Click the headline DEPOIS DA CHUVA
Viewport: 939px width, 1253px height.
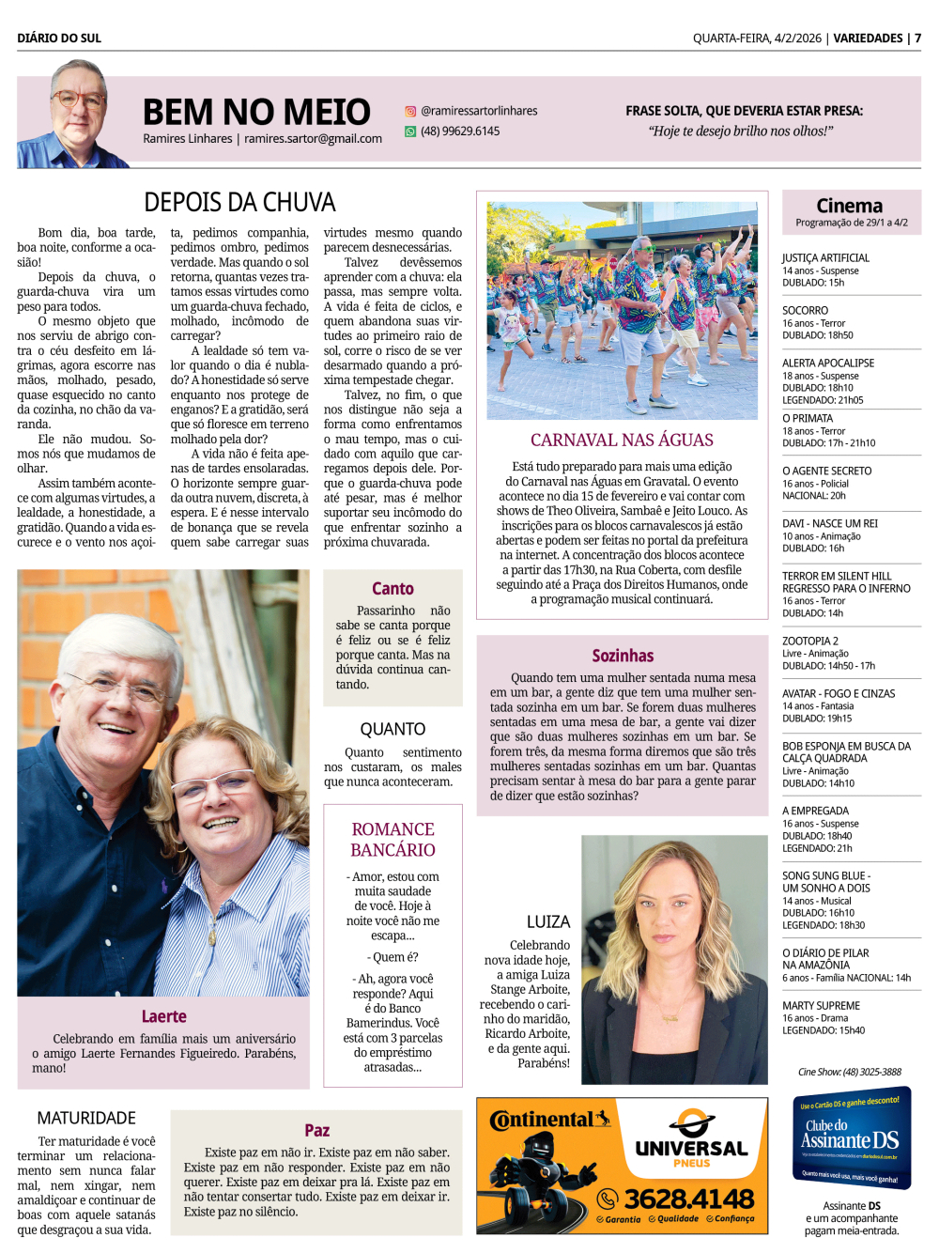tap(239, 202)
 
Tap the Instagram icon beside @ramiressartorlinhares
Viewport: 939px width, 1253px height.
tap(410, 111)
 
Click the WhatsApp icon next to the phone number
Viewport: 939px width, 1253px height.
tap(410, 131)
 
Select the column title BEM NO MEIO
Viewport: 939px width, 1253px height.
tap(256, 112)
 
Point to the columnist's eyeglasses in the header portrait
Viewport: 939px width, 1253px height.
tap(78, 98)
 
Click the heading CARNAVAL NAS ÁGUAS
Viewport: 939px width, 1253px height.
tap(622, 440)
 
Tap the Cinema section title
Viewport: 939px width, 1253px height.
tap(850, 206)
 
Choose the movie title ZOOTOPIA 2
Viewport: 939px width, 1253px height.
tap(810, 641)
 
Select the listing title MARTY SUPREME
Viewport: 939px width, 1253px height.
tap(821, 1005)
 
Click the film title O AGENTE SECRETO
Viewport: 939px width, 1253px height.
tap(826, 471)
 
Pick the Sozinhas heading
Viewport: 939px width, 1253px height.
tap(623, 656)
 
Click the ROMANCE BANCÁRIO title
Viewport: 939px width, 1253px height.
tap(393, 840)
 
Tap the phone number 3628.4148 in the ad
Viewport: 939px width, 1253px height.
tap(688, 1199)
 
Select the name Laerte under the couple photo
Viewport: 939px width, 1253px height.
tap(163, 1016)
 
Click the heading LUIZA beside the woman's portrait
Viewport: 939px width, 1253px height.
tap(548, 921)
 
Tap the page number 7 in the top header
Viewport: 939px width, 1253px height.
tap(917, 39)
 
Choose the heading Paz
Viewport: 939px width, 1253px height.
tap(316, 1130)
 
